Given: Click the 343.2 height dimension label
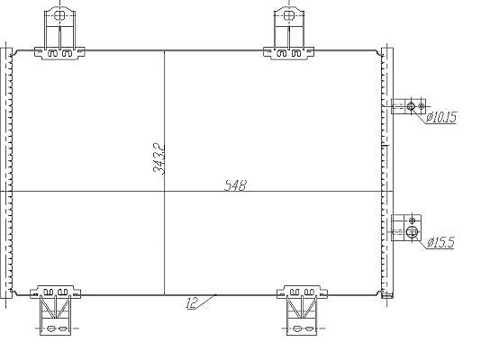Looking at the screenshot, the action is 159,158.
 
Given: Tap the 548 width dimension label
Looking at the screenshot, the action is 235,185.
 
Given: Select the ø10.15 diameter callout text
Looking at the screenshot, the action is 441,117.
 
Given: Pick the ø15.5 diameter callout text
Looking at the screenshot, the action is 440,242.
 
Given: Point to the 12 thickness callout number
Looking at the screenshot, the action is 192,302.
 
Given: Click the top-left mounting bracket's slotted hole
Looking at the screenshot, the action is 59,15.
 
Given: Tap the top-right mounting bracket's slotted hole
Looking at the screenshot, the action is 289,15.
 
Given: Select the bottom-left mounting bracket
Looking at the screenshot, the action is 55,310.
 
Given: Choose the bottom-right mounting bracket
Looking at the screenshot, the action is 302,310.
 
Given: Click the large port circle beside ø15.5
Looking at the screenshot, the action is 413,231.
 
